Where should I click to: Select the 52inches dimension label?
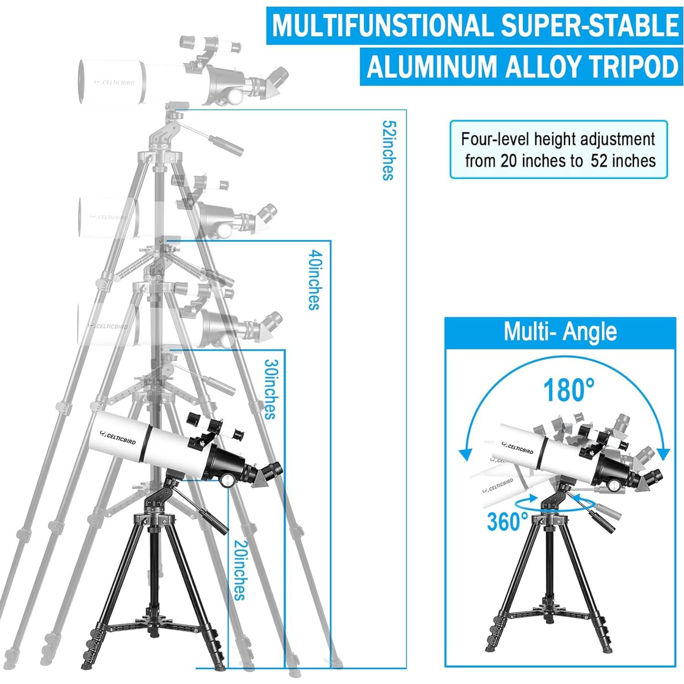click(387, 150)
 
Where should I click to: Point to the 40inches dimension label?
click(313, 279)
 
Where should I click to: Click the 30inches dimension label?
click(270, 389)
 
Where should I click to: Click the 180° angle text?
click(568, 390)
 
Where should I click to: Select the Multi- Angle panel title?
click(560, 332)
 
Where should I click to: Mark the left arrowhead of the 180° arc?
click(465, 454)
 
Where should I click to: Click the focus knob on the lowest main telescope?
click(227, 480)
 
